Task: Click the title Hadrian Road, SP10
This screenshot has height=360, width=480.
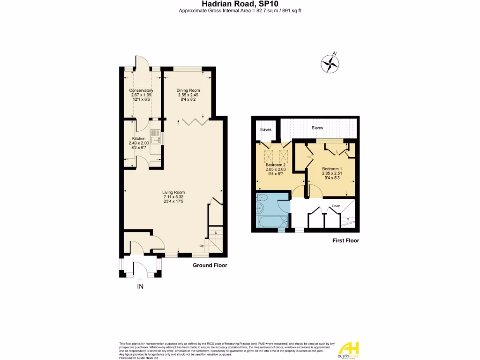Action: (240, 4)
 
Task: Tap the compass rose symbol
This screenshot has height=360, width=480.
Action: (330, 63)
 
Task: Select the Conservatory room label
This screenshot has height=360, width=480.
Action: (141, 90)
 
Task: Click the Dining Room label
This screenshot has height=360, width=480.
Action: (188, 90)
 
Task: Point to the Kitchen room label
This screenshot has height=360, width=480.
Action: (138, 139)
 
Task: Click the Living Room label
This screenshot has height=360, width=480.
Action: (173, 192)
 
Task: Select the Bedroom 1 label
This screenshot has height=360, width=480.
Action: (332, 169)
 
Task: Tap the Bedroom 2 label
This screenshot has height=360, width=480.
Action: (275, 165)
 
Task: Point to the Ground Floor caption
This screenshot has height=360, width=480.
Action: (210, 265)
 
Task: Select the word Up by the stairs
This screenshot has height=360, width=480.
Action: (202, 246)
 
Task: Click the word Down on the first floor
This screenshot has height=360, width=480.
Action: (336, 206)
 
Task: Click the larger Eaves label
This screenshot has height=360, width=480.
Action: (317, 127)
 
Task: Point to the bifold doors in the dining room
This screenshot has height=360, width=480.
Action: (195, 121)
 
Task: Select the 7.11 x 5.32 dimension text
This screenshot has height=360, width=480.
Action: (173, 197)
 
